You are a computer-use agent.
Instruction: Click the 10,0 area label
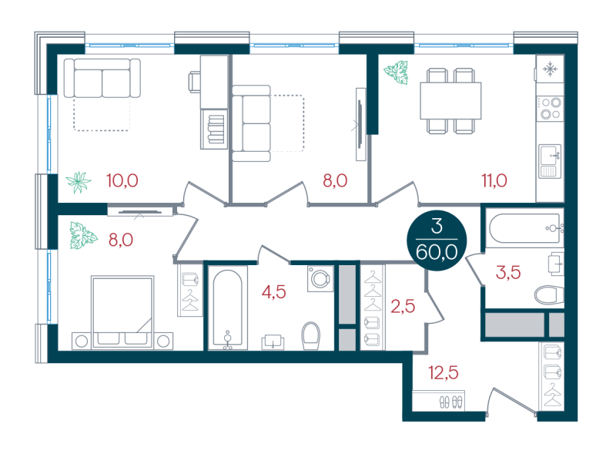click(122, 181)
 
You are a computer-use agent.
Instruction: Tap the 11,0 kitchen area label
click(494, 181)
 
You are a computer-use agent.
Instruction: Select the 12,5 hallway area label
click(444, 372)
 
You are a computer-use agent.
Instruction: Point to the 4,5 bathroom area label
click(274, 292)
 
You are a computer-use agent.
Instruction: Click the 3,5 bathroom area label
click(508, 272)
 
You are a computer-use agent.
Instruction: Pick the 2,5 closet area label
click(403, 306)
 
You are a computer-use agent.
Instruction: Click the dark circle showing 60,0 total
click(437, 241)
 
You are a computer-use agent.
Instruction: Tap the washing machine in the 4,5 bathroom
click(320, 279)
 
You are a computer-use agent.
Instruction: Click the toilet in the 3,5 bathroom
click(549, 295)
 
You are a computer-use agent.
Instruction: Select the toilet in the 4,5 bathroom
click(311, 336)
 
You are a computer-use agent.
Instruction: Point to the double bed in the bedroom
click(122, 312)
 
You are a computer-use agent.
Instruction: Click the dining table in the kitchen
click(450, 101)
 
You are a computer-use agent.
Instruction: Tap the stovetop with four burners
click(550, 109)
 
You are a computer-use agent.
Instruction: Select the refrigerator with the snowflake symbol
click(550, 69)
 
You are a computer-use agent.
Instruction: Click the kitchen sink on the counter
click(550, 161)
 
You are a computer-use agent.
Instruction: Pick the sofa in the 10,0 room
click(102, 78)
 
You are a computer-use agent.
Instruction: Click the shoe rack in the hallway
click(438, 401)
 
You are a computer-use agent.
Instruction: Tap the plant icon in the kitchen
click(396, 72)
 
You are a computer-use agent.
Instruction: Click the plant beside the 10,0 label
click(79, 182)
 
